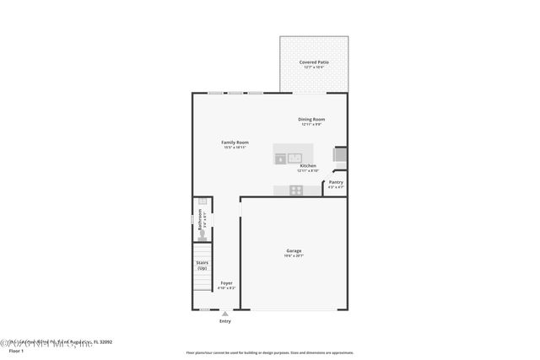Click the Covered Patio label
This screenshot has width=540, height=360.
click(x=314, y=62)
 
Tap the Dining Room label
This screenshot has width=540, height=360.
click(x=311, y=119)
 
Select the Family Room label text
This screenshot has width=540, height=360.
click(x=235, y=142)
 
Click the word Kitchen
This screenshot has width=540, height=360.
click(x=308, y=166)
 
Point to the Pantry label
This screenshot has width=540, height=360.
click(x=336, y=182)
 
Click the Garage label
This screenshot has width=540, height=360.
click(x=294, y=250)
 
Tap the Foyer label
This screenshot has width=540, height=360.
click(x=226, y=282)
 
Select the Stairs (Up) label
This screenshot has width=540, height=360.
click(x=202, y=265)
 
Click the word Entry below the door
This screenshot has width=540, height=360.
click(x=225, y=321)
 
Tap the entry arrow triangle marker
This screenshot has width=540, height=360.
click(x=225, y=314)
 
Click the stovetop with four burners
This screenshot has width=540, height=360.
click(x=296, y=191)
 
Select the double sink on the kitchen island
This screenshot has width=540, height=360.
click(x=288, y=158)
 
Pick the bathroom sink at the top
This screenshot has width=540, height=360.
click(x=202, y=202)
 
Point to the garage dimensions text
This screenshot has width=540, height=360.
click(x=294, y=255)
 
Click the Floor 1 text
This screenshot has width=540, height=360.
click(x=10, y=350)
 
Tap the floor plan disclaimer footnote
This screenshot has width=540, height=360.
click(x=270, y=352)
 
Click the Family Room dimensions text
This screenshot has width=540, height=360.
click(x=235, y=148)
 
